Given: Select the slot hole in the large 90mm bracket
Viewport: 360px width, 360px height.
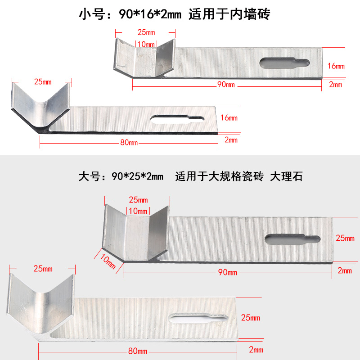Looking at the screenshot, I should point(293,238).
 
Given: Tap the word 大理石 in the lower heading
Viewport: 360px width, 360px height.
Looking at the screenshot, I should point(286,176).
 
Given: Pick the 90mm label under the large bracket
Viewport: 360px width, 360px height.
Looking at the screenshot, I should point(228,272).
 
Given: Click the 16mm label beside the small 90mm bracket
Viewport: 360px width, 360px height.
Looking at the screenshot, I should point(336,66).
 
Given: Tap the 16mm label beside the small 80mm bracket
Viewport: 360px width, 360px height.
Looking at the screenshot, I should point(229,118).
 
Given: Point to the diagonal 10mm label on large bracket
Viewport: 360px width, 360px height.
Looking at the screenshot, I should point(105,260).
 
